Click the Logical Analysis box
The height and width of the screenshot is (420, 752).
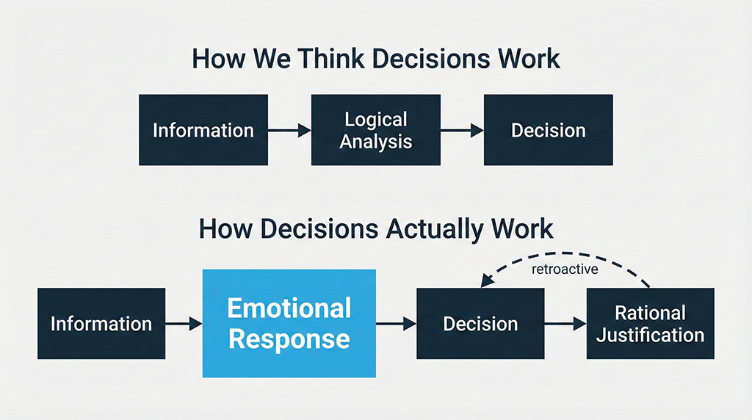(375, 130)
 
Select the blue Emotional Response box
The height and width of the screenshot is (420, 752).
(289, 323)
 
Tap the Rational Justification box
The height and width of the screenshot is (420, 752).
(650, 323)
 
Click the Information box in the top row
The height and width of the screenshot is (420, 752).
(203, 130)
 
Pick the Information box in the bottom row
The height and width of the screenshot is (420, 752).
(101, 323)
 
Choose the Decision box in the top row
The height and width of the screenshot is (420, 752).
(548, 130)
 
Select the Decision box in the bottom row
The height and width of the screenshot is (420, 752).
(480, 323)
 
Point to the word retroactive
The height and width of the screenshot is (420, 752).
(564, 269)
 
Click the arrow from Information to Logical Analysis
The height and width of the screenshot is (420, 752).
(289, 131)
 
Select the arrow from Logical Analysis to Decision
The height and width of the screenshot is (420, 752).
(461, 131)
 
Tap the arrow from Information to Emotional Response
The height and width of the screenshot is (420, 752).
(184, 323)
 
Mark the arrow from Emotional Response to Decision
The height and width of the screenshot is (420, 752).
(396, 323)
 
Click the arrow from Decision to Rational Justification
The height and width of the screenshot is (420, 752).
(565, 323)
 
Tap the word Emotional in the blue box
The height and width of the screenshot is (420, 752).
(289, 308)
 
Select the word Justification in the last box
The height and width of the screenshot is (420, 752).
(650, 336)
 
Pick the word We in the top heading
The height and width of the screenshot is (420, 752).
(260, 59)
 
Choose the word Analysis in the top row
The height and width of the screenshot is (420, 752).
(375, 140)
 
